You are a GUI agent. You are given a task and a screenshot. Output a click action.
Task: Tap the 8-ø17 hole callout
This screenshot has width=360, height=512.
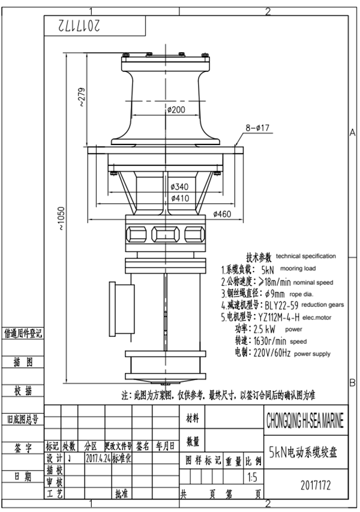coord(259,127)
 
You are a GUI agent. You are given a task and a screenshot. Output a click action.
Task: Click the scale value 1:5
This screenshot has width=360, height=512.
coord(253,478)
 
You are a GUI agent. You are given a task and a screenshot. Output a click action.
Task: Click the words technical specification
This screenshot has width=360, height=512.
coord(305,256)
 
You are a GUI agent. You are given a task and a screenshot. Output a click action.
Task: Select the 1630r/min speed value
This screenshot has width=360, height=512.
coord(271,342)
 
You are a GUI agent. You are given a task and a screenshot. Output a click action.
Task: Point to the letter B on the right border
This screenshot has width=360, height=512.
coord(352,382)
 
